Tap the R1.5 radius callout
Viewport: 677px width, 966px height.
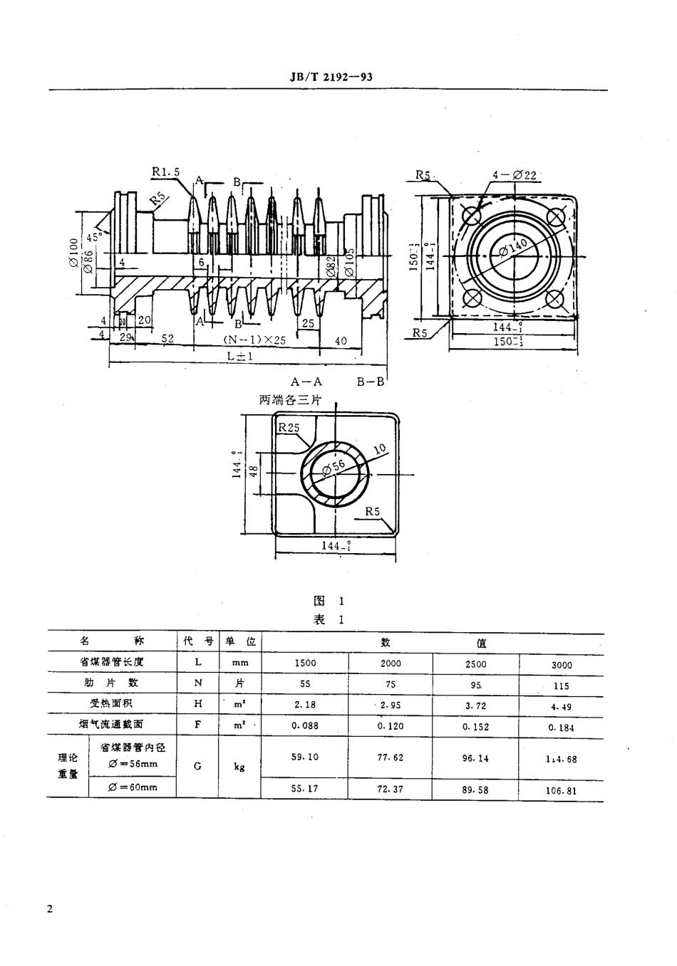tap(165, 172)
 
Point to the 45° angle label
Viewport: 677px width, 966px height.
tap(94, 236)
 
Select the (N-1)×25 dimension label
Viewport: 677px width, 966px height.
tap(254, 340)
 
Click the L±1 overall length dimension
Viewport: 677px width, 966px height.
tap(239, 356)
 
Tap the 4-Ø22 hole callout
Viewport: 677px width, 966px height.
tap(514, 174)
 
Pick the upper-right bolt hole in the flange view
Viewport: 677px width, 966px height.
tap(556, 215)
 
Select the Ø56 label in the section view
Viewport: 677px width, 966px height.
tap(334, 468)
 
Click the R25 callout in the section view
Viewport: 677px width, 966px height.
tap(289, 428)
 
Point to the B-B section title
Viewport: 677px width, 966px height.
tap(371, 382)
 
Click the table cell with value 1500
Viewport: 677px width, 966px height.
tap(305, 663)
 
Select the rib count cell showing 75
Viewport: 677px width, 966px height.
tap(391, 683)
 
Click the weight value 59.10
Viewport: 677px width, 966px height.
tap(305, 757)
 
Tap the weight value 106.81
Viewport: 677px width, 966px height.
tap(561, 790)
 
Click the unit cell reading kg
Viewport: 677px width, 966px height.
tap(239, 767)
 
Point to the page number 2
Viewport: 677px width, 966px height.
tap(49, 909)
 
